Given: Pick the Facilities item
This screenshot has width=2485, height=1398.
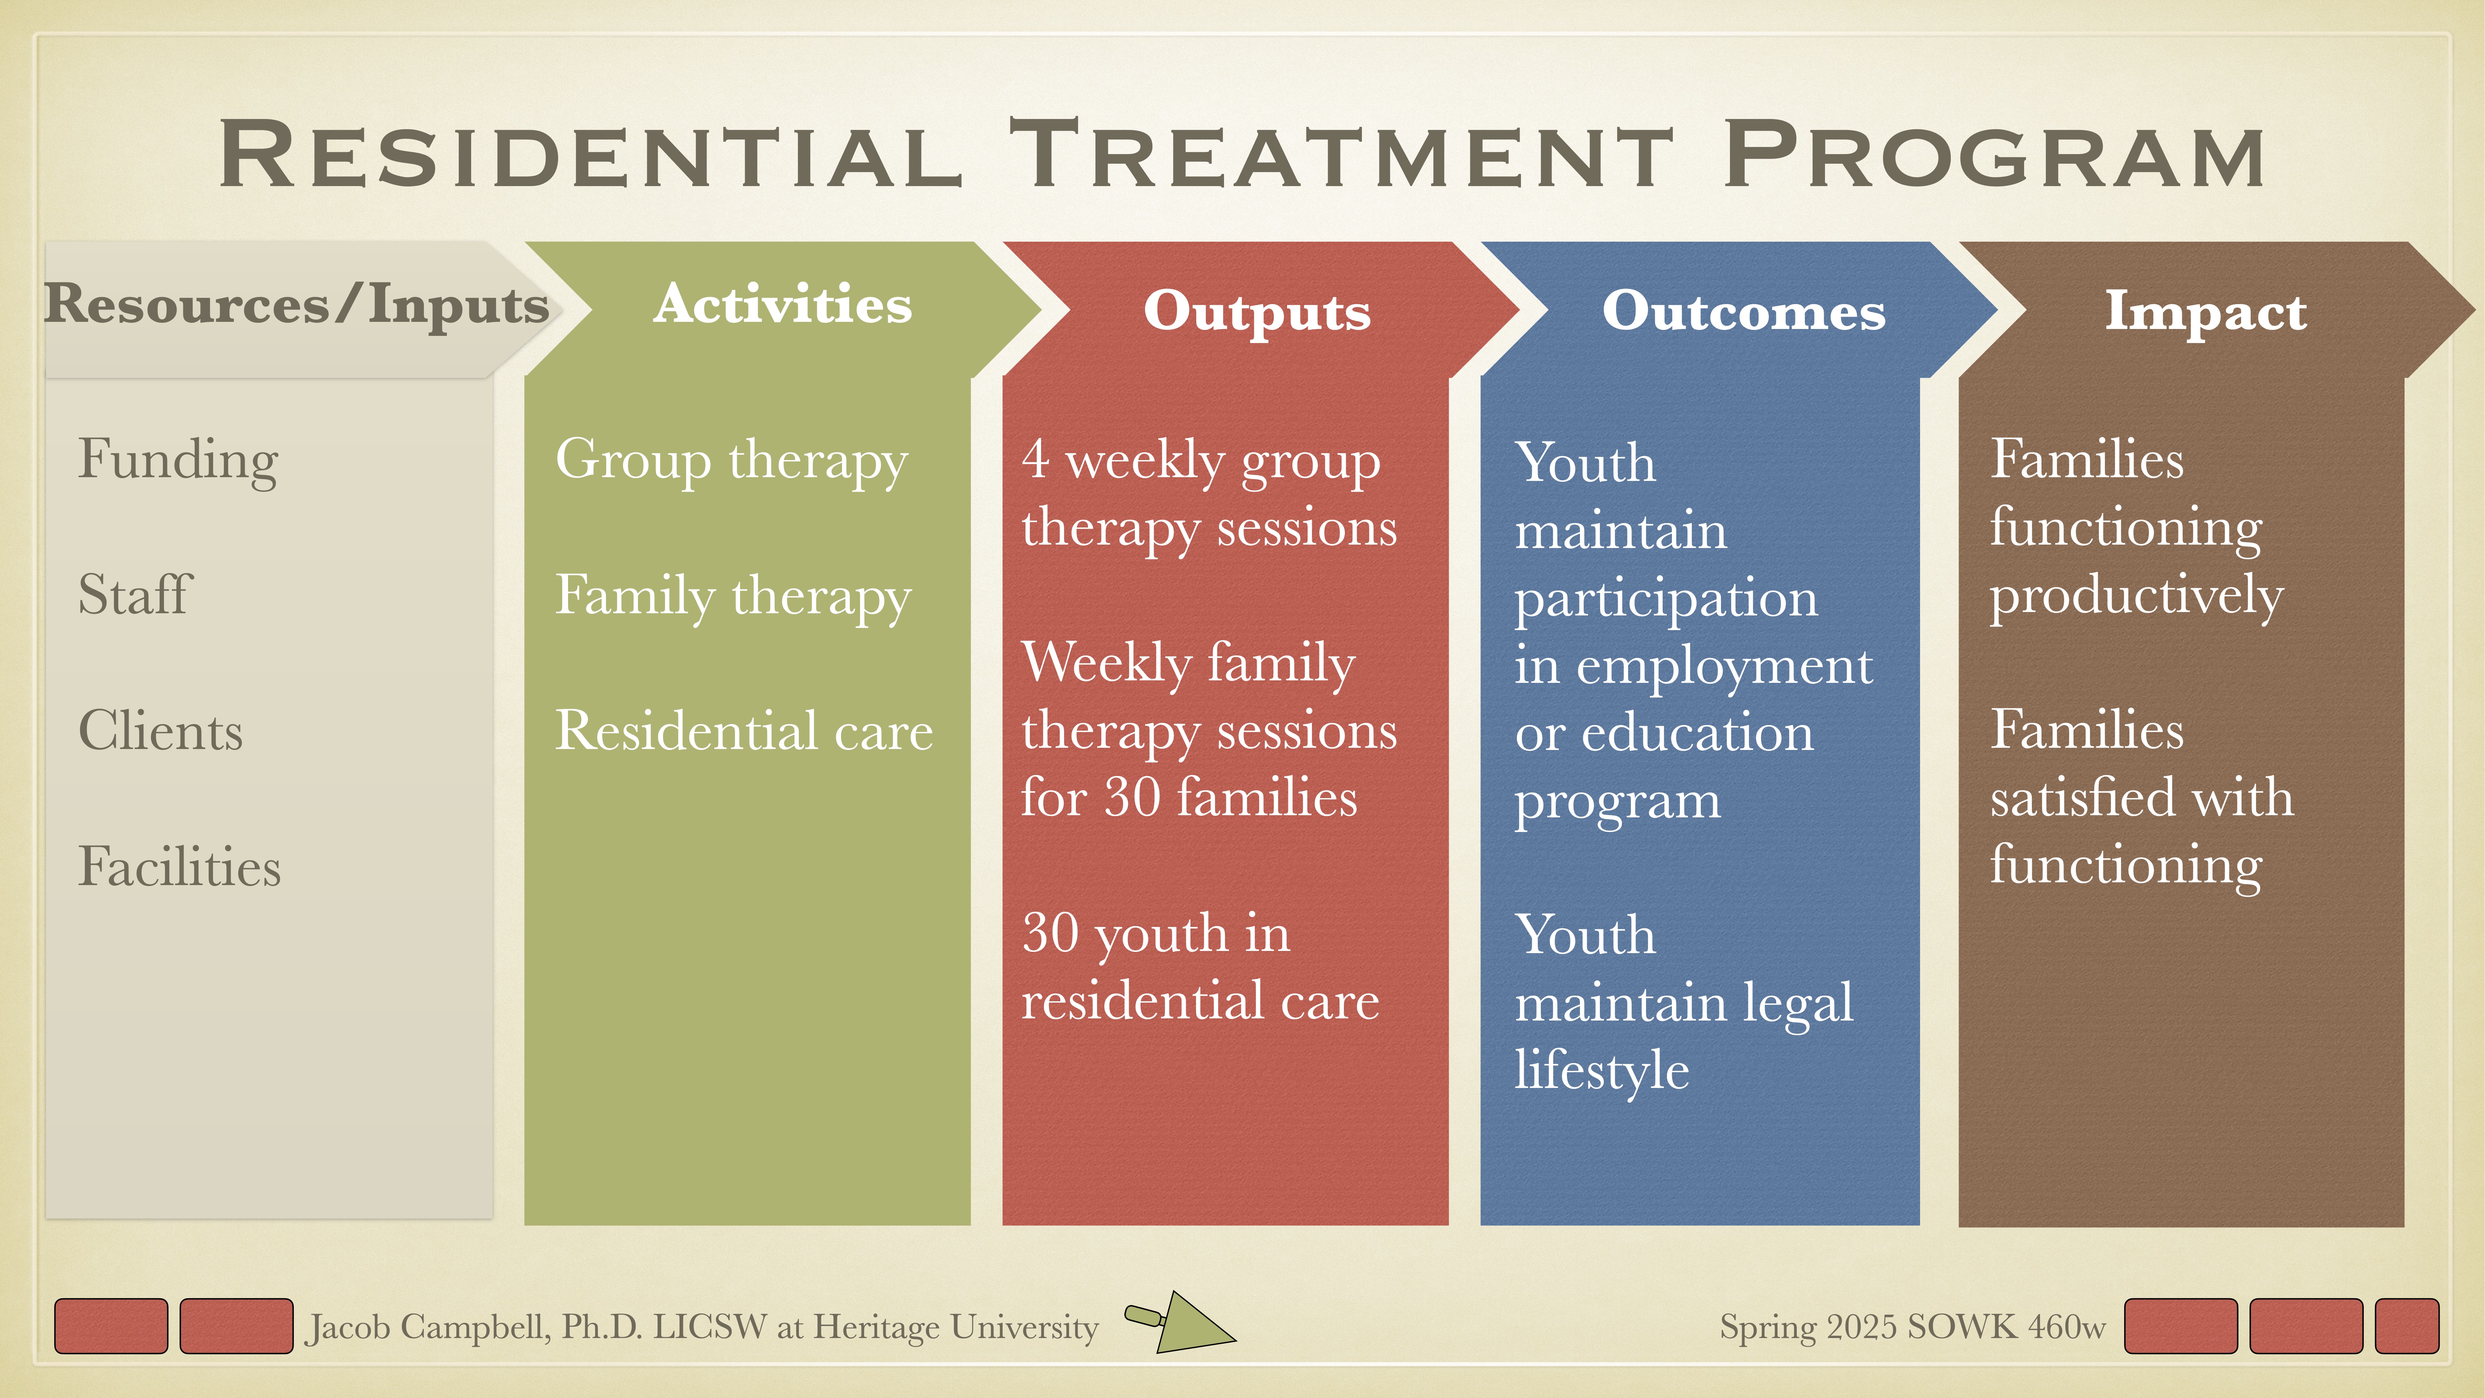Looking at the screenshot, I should tap(180, 866).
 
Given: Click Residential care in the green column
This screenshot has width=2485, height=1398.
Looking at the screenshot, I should tap(744, 731).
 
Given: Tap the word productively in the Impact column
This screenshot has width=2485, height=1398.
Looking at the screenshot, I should tap(2136, 595).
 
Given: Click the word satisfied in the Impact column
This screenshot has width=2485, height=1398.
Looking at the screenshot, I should tap(2068, 798).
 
